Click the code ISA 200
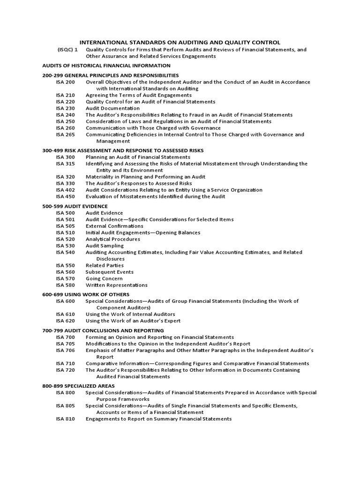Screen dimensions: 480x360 tap(65, 82)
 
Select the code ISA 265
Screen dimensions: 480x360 tap(65, 135)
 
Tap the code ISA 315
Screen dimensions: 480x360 tap(65, 164)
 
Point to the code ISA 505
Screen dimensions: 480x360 tap(65, 226)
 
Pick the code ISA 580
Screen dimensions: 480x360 tap(65, 285)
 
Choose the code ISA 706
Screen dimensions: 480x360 tap(65, 350)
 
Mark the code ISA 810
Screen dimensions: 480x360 tap(65, 419)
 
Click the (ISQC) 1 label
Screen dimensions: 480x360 tap(68, 50)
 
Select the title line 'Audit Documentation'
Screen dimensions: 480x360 tap(106, 108)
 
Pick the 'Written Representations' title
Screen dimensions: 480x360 tap(116, 285)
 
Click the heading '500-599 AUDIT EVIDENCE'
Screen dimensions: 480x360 tap(75, 206)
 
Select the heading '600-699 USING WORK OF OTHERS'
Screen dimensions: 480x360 tap(86, 294)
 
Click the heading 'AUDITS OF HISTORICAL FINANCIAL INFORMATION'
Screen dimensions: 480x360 tap(106, 66)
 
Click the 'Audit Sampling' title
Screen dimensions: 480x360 tap(105, 246)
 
